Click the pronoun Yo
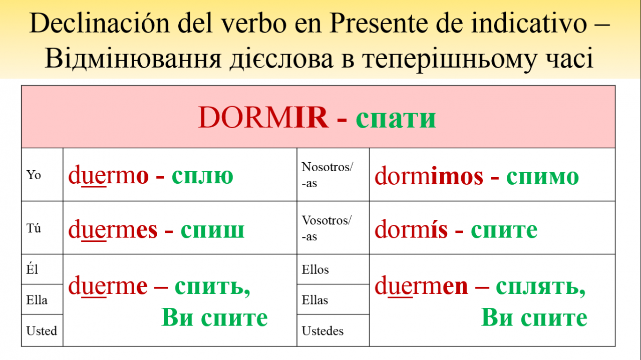pyautogui.click(x=34, y=175)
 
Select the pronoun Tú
pyautogui.click(x=34, y=228)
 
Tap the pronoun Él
pyautogui.click(x=32, y=269)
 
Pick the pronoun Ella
pyautogui.click(x=37, y=300)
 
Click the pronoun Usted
pyautogui.click(x=42, y=331)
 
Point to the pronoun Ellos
pyautogui.click(x=315, y=269)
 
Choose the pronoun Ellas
pyautogui.click(x=315, y=300)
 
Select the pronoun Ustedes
pyautogui.click(x=323, y=331)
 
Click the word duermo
pyautogui.click(x=109, y=175)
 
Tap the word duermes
pyautogui.click(x=113, y=229)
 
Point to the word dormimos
pyautogui.click(x=429, y=176)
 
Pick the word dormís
pyautogui.click(x=411, y=229)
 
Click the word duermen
pyautogui.click(x=421, y=285)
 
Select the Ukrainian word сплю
pyautogui.click(x=202, y=176)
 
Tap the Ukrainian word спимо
pyautogui.click(x=542, y=177)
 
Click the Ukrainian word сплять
pyautogui.click(x=540, y=287)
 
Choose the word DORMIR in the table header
pyautogui.click(x=263, y=117)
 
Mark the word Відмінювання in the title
pyautogui.click(x=133, y=59)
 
